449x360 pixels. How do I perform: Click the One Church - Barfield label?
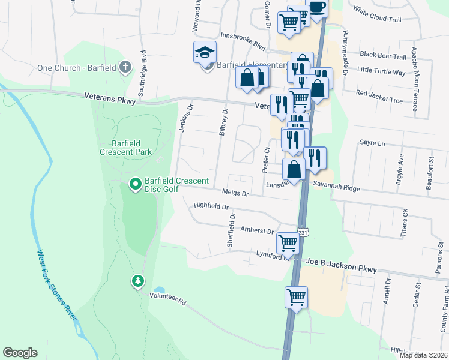click(76, 68)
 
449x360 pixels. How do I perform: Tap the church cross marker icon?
click(125, 66)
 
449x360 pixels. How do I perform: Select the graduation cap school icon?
click(205, 52)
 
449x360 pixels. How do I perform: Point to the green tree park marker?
click(139, 280)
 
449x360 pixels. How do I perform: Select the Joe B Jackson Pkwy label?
click(341, 266)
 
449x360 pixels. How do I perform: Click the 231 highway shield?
click(302, 232)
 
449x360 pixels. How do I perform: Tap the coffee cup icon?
click(317, 7)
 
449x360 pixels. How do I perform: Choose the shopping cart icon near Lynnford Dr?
click(288, 243)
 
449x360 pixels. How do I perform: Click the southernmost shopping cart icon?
click(296, 296)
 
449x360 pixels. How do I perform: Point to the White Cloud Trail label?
click(376, 14)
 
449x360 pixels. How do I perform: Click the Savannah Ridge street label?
click(335, 188)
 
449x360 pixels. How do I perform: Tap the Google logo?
click(20, 353)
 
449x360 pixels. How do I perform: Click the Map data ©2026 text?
click(423, 355)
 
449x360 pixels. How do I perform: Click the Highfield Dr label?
click(211, 206)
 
